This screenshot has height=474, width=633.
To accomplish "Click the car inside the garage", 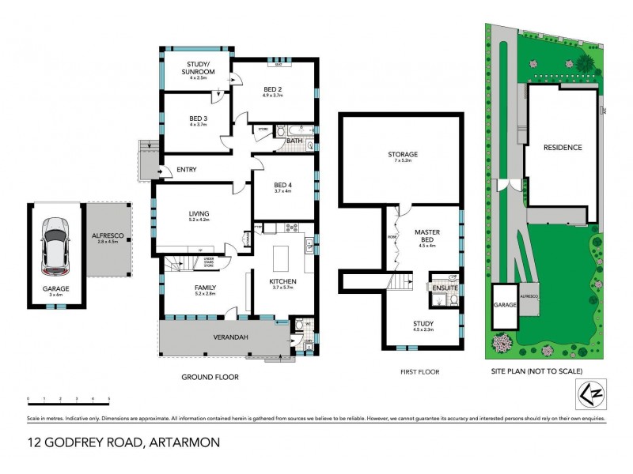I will [56, 242].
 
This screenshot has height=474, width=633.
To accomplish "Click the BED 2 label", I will [273, 90].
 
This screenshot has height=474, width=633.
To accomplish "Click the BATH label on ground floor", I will [294, 141].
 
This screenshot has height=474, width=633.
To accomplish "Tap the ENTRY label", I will [187, 169].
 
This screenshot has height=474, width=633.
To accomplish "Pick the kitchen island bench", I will [282, 258].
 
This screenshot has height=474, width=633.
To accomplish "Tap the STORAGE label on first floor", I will [402, 155].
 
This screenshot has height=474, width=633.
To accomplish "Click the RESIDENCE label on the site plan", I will [563, 148].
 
